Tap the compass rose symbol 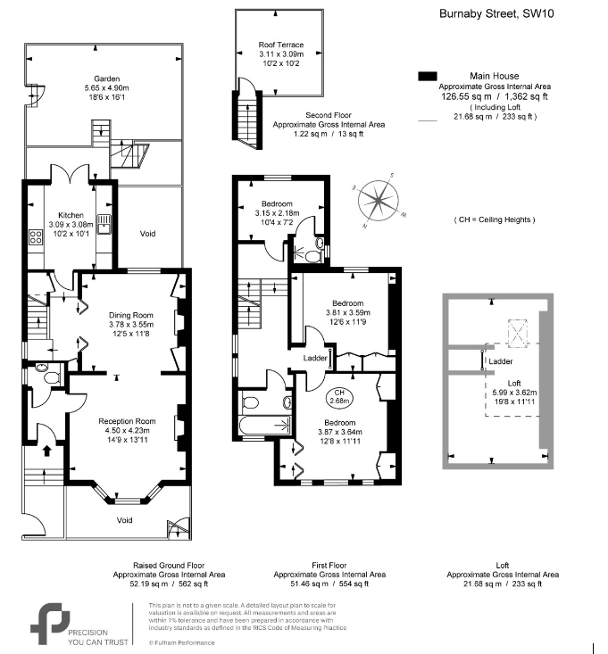tap(380, 203)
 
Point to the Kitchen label tap(71, 216)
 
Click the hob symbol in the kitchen tap(37, 237)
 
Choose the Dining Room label tap(131, 315)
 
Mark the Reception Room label tap(127, 421)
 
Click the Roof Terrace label tap(280, 45)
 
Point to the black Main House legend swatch tap(428, 77)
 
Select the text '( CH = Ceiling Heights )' tap(495, 219)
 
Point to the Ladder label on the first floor tap(315, 358)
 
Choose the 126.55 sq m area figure tap(456, 96)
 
